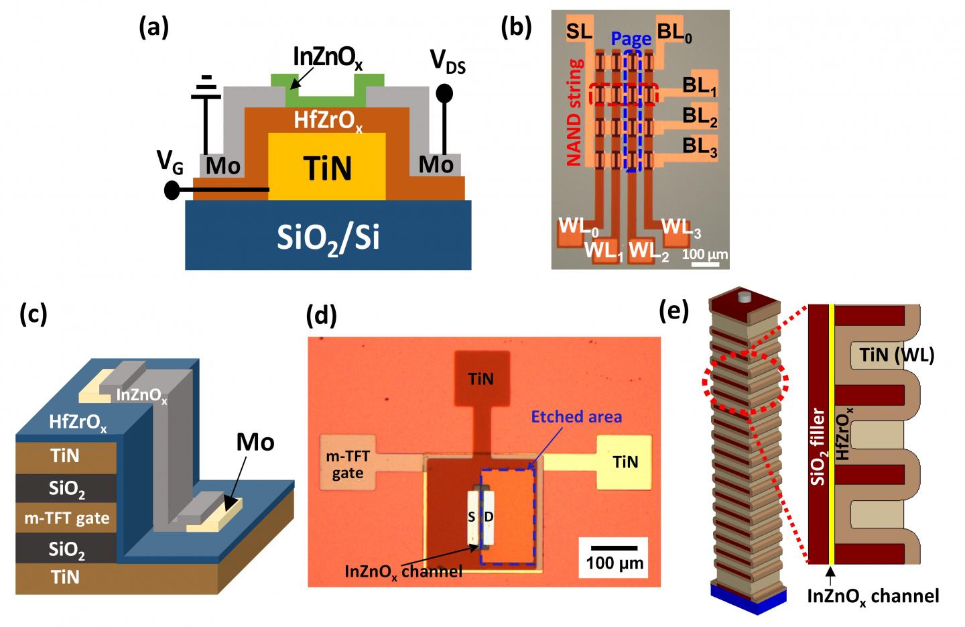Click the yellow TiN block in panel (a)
[x=327, y=168]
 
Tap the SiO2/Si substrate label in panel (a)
[x=328, y=237]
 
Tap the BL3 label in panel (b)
[x=700, y=147]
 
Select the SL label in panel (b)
[x=579, y=31]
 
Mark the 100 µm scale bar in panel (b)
[x=704, y=263]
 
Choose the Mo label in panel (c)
[x=255, y=443]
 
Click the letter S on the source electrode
[x=473, y=517]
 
